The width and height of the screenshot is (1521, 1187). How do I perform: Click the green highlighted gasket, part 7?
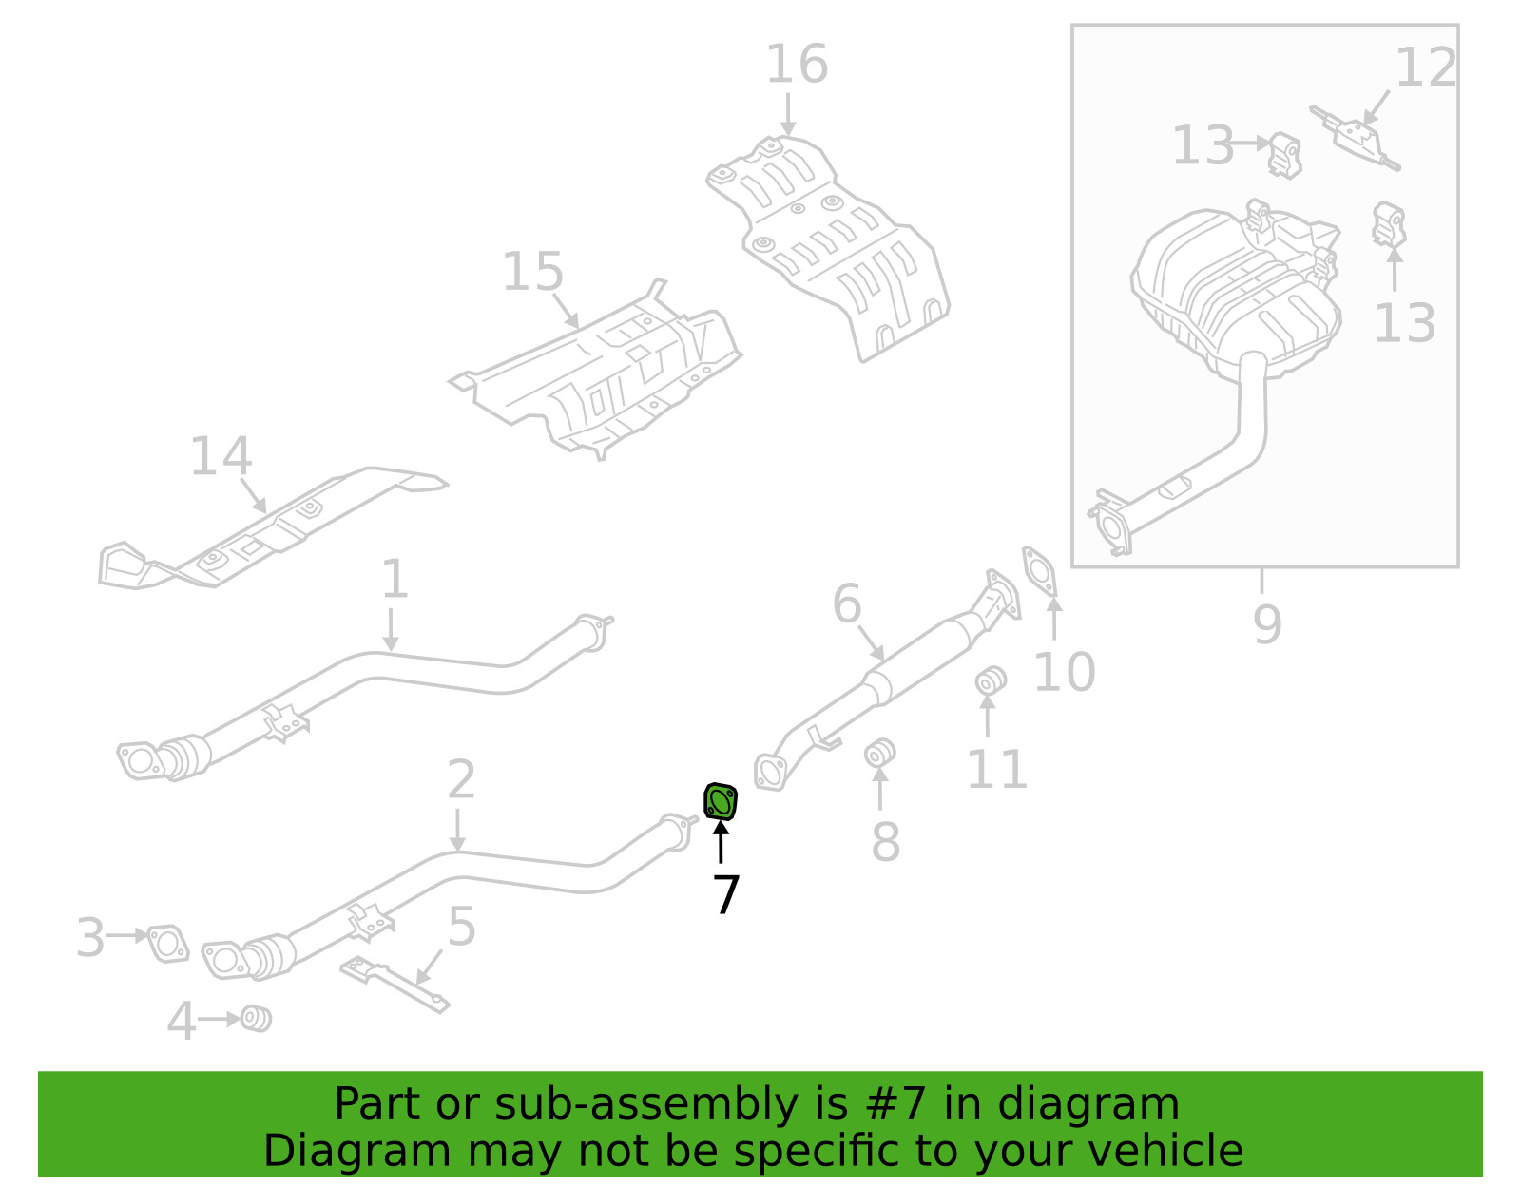pyautogui.click(x=721, y=802)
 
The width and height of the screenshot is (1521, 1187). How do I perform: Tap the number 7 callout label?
pyautogui.click(x=725, y=894)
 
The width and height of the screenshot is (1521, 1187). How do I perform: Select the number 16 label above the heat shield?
pyautogui.click(x=797, y=65)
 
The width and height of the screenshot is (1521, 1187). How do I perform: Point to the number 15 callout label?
pyautogui.click(x=532, y=272)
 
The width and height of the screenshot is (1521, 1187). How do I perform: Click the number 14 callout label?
pyautogui.click(x=221, y=456)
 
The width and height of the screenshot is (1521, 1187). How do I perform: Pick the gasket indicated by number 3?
pyautogui.click(x=169, y=944)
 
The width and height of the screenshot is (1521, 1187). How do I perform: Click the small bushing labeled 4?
pyautogui.click(x=256, y=1019)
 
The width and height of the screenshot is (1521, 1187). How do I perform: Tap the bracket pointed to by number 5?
pyautogui.click(x=395, y=984)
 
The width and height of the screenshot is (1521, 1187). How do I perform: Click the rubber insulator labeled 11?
pyautogui.click(x=991, y=680)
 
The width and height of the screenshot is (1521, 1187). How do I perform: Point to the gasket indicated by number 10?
pyautogui.click(x=1041, y=571)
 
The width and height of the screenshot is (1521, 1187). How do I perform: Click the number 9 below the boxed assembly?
pyautogui.click(x=1267, y=623)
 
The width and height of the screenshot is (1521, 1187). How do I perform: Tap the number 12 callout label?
pyautogui.click(x=1425, y=67)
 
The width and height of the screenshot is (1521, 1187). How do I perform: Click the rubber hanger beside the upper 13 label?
pyautogui.click(x=1284, y=154)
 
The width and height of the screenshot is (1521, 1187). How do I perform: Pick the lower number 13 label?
pyautogui.click(x=1404, y=323)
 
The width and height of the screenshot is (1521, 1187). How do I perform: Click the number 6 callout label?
pyautogui.click(x=846, y=604)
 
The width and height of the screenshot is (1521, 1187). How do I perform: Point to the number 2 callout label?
pyautogui.click(x=461, y=780)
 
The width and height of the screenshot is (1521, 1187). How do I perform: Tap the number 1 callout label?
pyautogui.click(x=395, y=580)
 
